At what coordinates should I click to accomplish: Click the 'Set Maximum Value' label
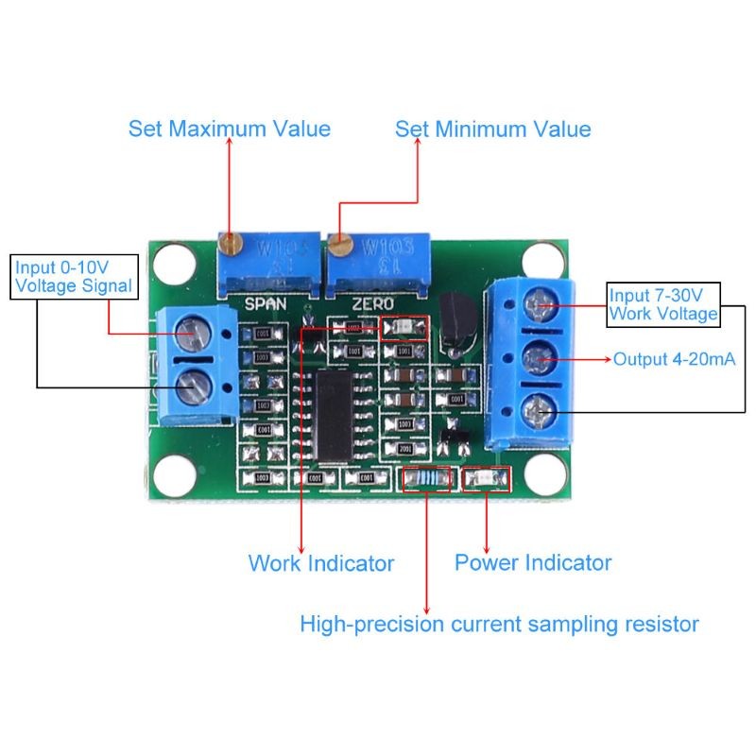[x=230, y=129]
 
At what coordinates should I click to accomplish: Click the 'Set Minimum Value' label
[x=492, y=129]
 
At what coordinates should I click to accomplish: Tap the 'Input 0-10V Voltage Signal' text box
[x=74, y=277]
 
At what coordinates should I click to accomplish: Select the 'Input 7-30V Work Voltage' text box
[x=662, y=303]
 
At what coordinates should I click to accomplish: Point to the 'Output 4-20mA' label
[x=675, y=359]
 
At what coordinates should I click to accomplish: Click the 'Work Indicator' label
[x=320, y=563]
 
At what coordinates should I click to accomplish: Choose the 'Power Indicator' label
[x=533, y=563]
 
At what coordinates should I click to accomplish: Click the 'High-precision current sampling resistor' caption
[x=499, y=624]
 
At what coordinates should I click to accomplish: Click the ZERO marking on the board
[x=371, y=304]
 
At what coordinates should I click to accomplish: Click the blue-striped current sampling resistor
[x=429, y=480]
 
